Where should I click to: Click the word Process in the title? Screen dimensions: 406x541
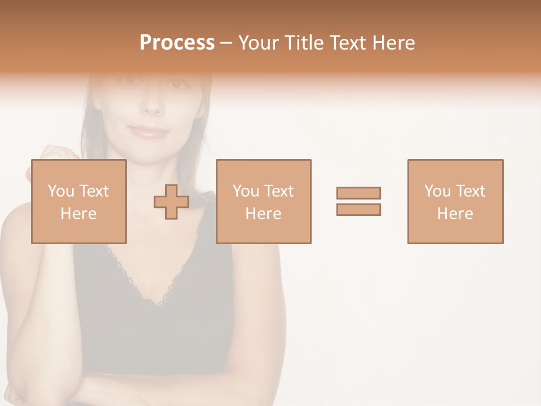coord(177,43)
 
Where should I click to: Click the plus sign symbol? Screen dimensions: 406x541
coord(171,202)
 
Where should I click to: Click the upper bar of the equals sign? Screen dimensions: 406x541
coord(358,193)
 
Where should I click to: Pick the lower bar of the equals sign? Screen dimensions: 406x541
coord(358,209)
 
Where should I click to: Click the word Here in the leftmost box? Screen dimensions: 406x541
coord(78,214)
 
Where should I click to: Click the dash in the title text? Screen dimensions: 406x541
coord(226,43)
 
